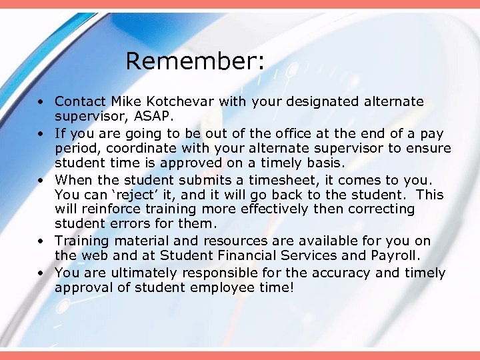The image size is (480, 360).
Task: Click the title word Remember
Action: point(195,61)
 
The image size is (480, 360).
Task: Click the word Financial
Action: point(258,255)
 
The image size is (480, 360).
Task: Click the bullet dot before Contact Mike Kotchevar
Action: point(41,102)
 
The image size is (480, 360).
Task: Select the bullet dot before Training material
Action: point(41,241)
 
